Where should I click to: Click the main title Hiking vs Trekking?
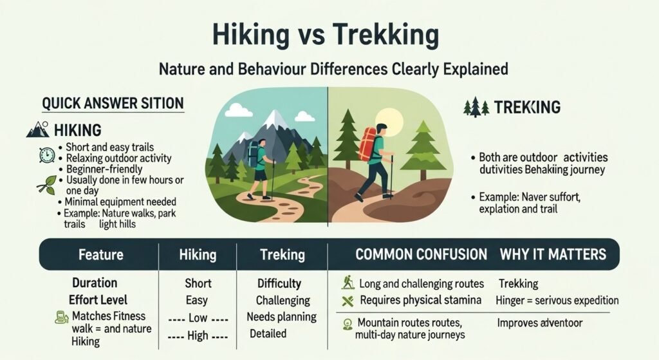point(329,33)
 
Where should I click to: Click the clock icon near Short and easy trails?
point(46,155)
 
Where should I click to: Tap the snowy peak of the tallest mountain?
point(275,119)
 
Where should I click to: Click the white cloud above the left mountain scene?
point(238,111)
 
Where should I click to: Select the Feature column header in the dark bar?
point(100,254)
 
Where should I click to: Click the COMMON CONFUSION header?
point(421,254)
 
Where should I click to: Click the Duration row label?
point(94,283)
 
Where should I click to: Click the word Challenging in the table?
point(283,301)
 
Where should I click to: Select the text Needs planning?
point(281,317)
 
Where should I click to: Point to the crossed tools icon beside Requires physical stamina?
point(348,300)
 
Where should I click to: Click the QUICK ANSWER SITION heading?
point(113,103)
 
